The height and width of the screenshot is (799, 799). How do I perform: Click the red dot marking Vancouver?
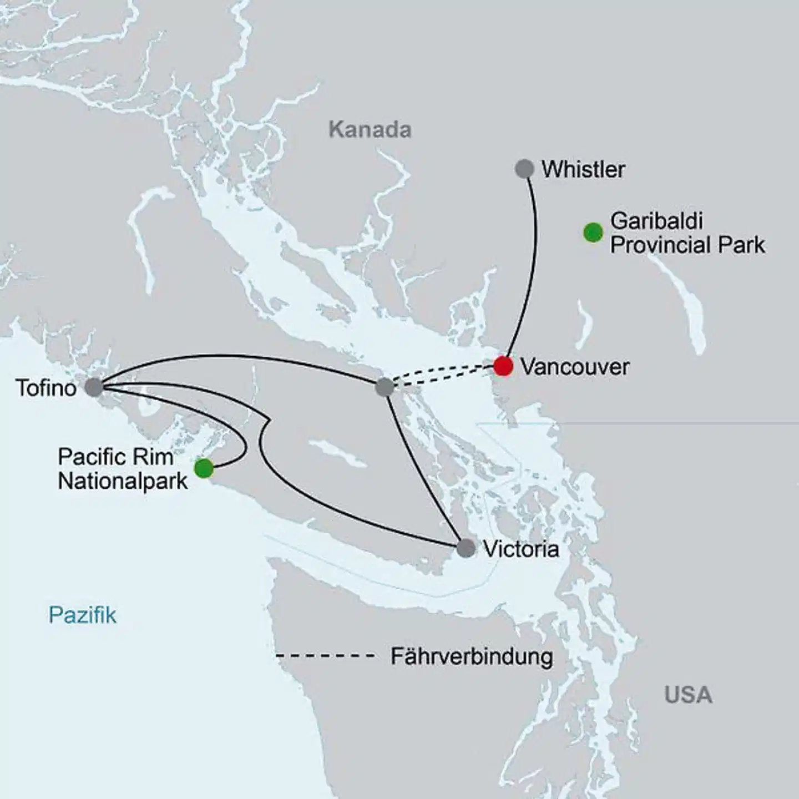(x=503, y=366)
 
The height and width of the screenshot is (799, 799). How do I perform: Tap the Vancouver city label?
(x=575, y=367)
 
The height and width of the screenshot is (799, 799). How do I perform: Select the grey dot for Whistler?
(x=524, y=169)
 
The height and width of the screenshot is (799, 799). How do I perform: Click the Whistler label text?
(x=583, y=169)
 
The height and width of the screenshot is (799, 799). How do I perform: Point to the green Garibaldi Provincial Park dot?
(x=593, y=232)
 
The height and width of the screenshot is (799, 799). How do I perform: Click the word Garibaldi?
(x=656, y=221)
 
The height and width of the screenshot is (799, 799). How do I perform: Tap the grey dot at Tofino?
(x=94, y=387)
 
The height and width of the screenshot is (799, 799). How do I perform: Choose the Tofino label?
(x=46, y=388)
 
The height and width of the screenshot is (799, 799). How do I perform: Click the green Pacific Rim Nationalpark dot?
(x=204, y=468)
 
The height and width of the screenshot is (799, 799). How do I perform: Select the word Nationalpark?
(x=123, y=481)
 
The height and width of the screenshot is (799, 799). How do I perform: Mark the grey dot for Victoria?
(x=466, y=548)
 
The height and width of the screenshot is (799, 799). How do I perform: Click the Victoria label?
(x=521, y=549)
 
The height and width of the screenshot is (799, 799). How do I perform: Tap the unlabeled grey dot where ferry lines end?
(x=384, y=387)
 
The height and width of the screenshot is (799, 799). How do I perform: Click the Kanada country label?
(x=370, y=130)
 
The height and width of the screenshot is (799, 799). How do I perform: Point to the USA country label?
(x=688, y=695)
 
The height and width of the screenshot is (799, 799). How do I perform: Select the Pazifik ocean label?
(x=83, y=615)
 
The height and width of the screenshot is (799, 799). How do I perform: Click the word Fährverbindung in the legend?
(x=472, y=656)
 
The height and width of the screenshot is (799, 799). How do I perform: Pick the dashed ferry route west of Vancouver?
(x=444, y=375)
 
